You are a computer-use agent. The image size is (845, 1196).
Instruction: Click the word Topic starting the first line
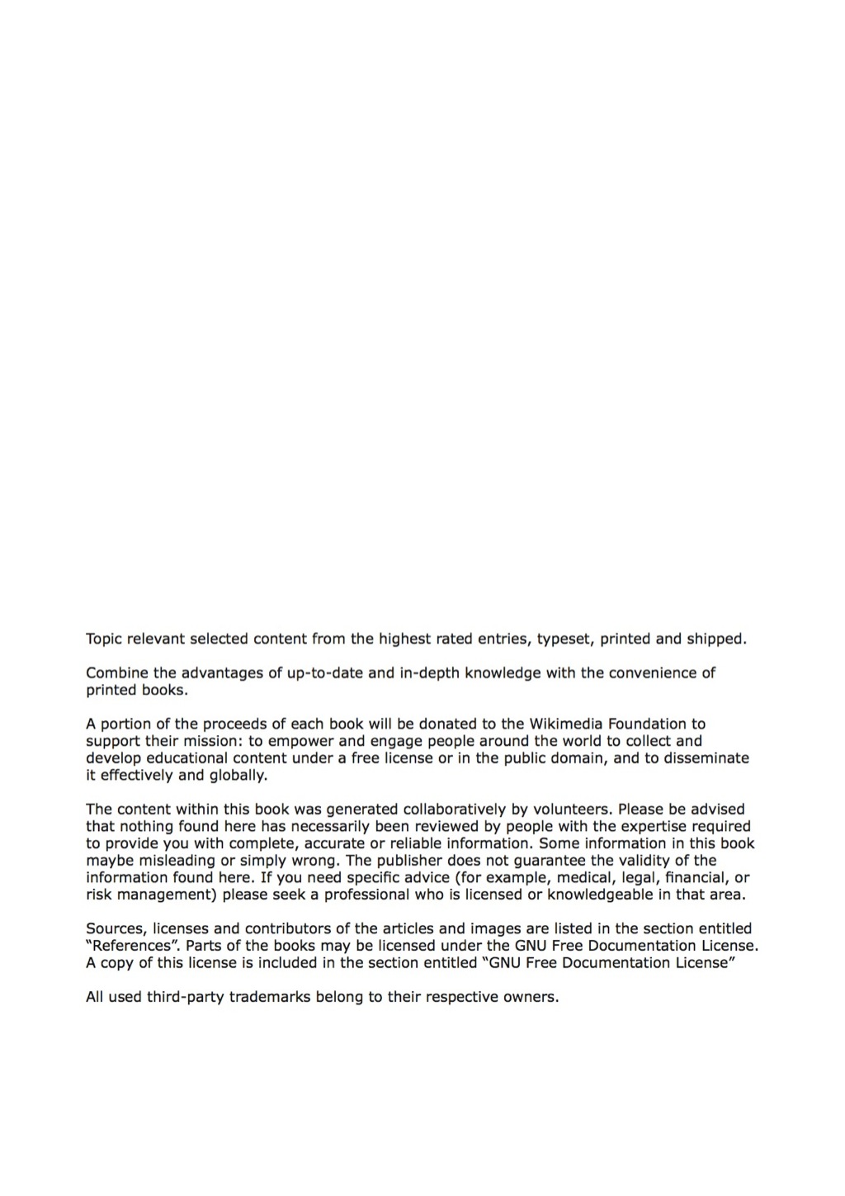pos(104,638)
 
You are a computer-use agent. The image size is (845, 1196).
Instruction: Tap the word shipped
pos(715,638)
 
